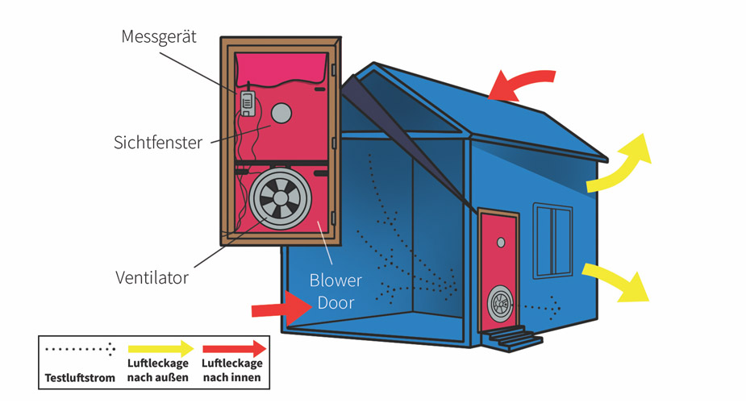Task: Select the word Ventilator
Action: (152, 278)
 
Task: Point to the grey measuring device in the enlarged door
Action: (248, 102)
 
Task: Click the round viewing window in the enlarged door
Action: (281, 114)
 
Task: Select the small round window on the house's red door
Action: (501, 242)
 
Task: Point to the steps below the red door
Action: (513, 336)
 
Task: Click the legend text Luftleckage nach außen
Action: (158, 371)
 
